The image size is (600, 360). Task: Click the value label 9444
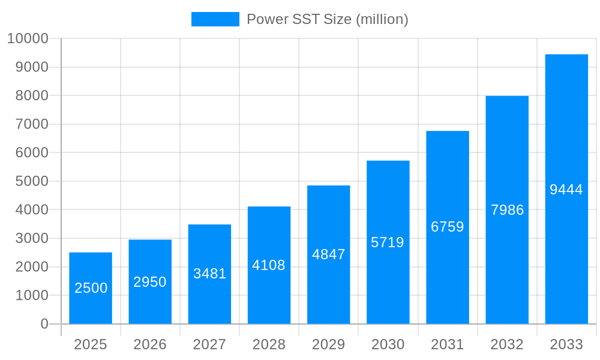click(566, 190)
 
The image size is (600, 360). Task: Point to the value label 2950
click(150, 282)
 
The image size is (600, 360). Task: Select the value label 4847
click(329, 254)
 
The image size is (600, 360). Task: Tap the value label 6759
click(448, 227)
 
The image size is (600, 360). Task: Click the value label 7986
click(507, 210)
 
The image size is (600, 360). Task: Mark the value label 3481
click(209, 274)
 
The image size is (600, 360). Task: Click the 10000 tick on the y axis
click(28, 38)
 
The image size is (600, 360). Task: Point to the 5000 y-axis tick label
click(31, 181)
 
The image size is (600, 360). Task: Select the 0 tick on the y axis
click(44, 324)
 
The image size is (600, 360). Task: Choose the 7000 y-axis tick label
click(31, 124)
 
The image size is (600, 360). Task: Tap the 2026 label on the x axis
click(150, 344)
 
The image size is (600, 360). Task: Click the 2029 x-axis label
click(329, 344)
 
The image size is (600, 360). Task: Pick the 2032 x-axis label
click(507, 344)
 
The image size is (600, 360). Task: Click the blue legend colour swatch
click(215, 19)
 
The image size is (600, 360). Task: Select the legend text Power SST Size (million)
click(328, 19)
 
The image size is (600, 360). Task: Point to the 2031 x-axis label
click(448, 344)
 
